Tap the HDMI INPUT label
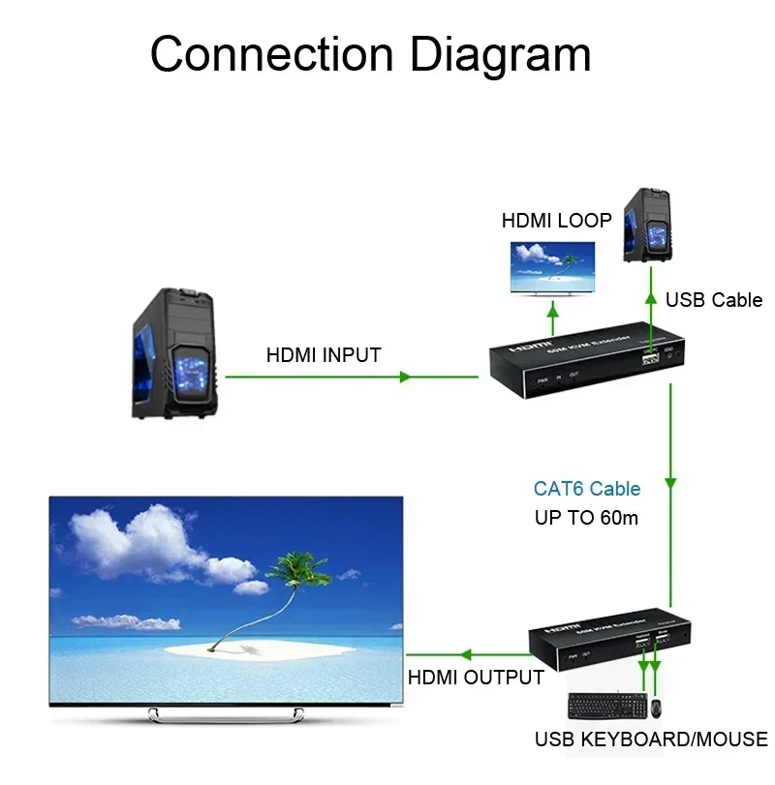pos(324,355)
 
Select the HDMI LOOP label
pos(556,221)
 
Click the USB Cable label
pos(713,300)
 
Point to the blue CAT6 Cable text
pos(587,489)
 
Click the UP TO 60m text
pos(586,518)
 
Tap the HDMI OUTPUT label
pos(475,678)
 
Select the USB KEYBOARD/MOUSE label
pos(650,740)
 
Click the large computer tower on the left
pos(177,352)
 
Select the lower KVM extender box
pos(611,646)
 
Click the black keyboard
pos(604,708)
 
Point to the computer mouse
pos(655,708)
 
